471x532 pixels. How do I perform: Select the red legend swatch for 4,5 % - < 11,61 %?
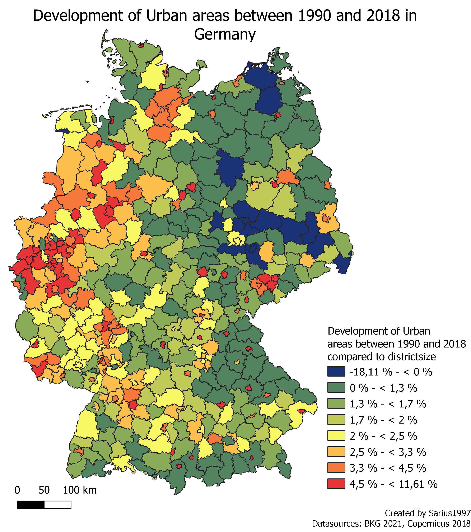click(x=336, y=484)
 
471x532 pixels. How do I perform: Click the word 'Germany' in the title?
click(x=225, y=34)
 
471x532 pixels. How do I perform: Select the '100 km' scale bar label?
click(x=80, y=490)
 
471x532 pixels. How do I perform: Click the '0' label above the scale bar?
click(x=17, y=490)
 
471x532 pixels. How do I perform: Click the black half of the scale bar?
click(x=31, y=505)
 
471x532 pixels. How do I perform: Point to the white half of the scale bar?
click(x=57, y=505)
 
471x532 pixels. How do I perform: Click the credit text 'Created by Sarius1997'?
click(x=428, y=513)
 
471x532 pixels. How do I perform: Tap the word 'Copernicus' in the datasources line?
click(x=428, y=524)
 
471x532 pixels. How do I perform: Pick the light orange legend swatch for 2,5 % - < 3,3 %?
click(x=336, y=452)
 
